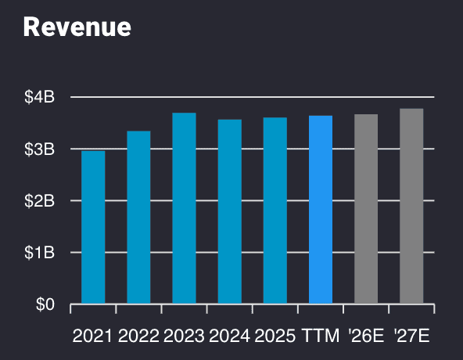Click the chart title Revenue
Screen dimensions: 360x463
77,27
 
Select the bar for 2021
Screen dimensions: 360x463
93,227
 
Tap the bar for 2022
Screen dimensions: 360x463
138,217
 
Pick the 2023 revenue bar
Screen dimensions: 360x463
184,208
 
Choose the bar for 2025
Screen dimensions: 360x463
275,211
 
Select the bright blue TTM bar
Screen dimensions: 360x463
321,210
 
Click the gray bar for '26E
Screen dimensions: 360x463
366,209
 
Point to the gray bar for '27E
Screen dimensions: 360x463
411,206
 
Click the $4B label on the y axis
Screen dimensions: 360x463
39,98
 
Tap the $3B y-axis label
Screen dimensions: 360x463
39,149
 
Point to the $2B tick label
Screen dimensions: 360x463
39,201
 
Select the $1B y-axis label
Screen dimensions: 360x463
39,253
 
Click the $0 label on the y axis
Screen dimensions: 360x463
45,304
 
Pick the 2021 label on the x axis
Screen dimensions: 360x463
93,337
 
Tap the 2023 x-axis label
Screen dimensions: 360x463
184,337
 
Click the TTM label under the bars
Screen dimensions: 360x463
321,337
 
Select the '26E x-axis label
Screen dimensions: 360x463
365,337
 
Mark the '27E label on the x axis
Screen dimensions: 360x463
411,337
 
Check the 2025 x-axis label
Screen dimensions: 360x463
275,337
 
